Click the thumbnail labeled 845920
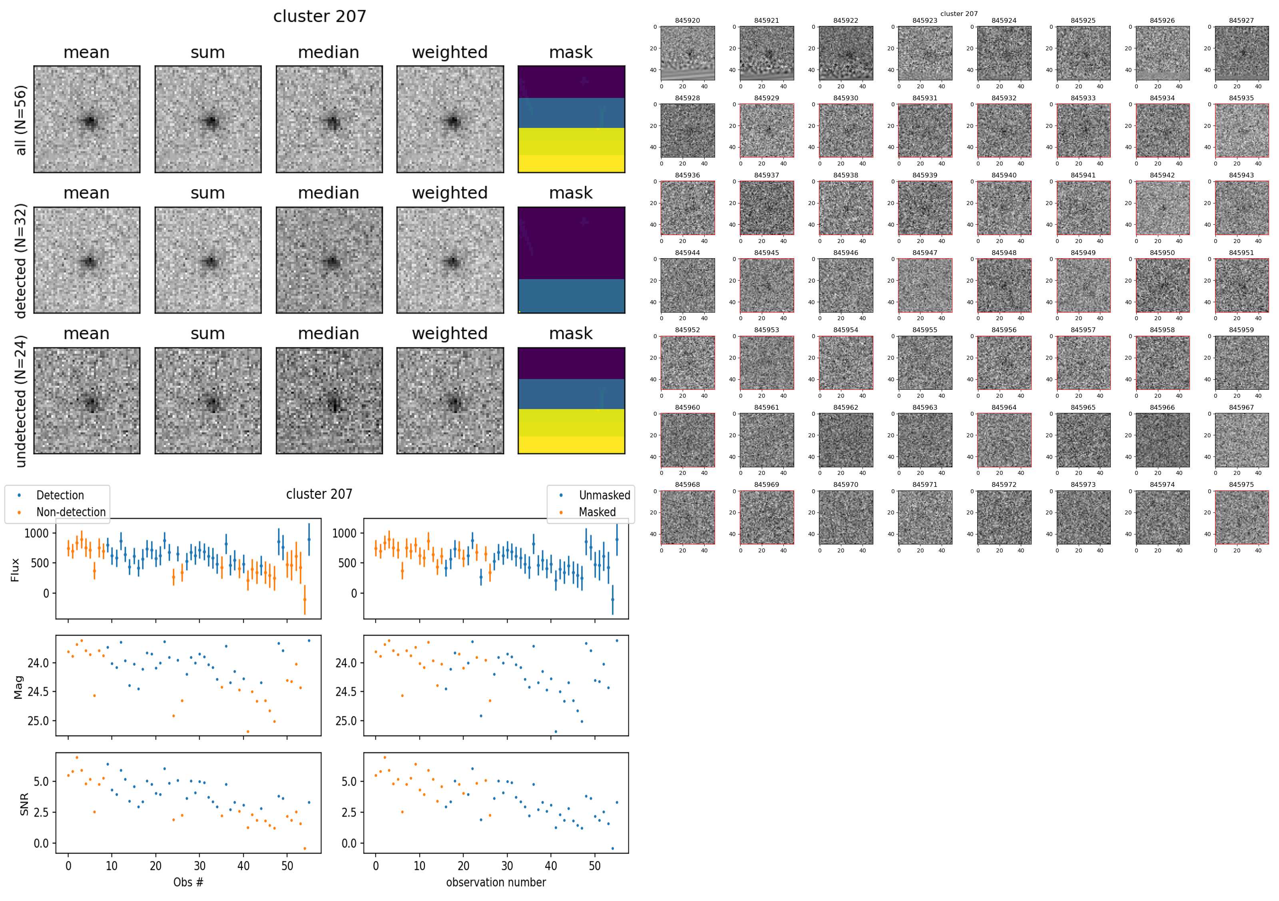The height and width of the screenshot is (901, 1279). [687, 53]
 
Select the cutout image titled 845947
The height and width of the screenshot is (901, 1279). [925, 285]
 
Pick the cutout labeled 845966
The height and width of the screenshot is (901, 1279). [1162, 440]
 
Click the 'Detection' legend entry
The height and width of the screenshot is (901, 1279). [60, 495]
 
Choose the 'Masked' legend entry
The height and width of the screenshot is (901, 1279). [597, 512]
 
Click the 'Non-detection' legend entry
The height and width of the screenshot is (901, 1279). [71, 512]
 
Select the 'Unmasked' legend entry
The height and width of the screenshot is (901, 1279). [604, 495]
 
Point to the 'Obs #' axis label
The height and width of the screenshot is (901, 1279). [188, 882]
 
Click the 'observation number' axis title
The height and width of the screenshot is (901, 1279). [496, 882]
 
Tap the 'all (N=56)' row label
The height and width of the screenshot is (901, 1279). [21, 120]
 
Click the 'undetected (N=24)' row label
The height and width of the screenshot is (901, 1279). [21, 401]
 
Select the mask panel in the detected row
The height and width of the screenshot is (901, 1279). [571, 260]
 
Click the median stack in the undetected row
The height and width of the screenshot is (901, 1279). [329, 401]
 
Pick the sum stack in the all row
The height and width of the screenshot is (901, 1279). [208, 119]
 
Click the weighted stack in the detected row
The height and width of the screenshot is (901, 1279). [450, 260]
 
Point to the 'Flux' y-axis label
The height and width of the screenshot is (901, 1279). [15, 570]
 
